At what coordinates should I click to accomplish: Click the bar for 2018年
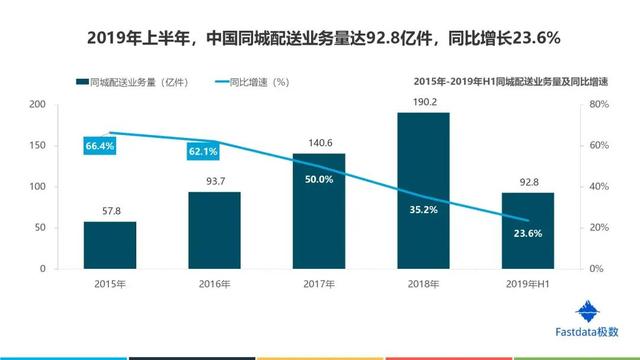click(423, 190)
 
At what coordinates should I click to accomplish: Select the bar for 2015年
click(110, 245)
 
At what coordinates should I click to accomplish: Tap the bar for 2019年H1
click(527, 230)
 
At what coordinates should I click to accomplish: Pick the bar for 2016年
click(214, 230)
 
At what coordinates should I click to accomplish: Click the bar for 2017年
click(319, 211)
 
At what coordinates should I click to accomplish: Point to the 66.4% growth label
click(101, 146)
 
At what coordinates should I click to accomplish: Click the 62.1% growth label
click(203, 151)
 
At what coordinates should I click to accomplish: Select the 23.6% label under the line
click(527, 233)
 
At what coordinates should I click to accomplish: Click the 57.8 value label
click(110, 211)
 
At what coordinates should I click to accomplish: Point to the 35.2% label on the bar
click(423, 210)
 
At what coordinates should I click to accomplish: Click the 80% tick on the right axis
click(596, 104)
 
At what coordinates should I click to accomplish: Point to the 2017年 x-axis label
click(319, 284)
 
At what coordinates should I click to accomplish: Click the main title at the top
click(319, 38)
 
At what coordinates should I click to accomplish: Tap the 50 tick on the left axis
click(40, 228)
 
